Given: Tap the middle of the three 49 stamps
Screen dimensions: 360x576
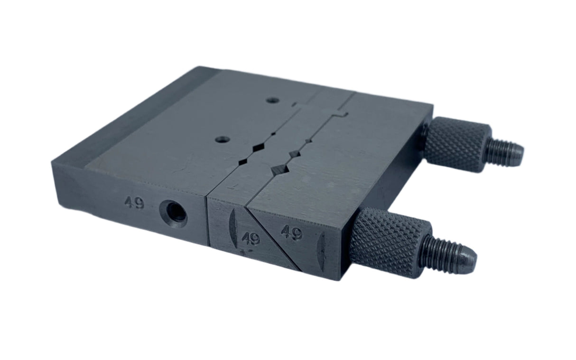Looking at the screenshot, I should point(251,239).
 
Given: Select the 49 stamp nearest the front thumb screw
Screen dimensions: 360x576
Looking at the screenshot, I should point(292,233).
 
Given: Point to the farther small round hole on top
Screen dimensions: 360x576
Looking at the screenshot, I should point(272,100).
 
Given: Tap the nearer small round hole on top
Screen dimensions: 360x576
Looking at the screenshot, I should point(222,139).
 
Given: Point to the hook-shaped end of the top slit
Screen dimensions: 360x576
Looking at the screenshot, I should point(343,114).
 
